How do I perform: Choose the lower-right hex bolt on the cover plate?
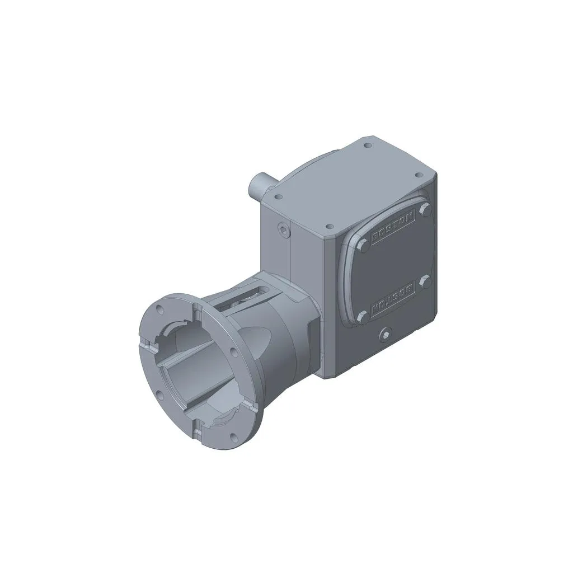[425, 281]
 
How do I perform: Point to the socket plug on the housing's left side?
[284, 229]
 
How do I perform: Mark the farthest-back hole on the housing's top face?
[367, 145]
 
